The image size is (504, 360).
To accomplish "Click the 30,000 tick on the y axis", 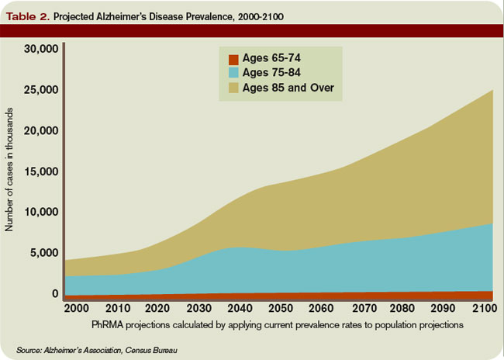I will click(x=41, y=50).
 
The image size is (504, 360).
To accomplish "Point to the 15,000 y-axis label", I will click(x=41, y=171).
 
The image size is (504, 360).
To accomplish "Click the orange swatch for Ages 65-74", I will click(x=233, y=59).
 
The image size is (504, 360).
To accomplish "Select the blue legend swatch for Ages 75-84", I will click(x=233, y=73).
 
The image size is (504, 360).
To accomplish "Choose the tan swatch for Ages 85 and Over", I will click(x=233, y=88).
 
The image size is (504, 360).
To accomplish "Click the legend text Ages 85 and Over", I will click(x=288, y=88).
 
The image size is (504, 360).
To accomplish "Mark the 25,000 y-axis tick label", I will click(x=41, y=90).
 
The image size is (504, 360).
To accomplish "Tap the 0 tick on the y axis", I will click(x=55, y=293).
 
